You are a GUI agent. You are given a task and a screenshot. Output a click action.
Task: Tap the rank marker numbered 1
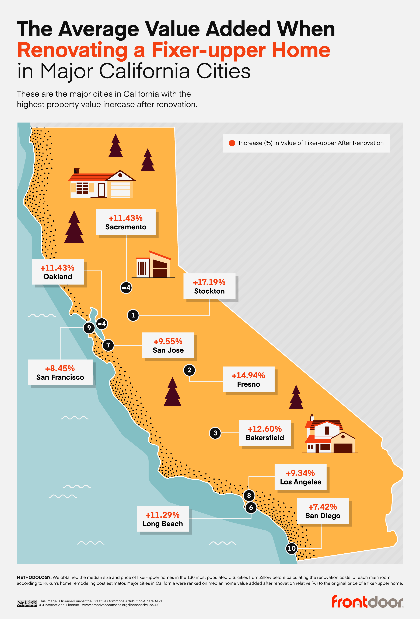coord(133,315)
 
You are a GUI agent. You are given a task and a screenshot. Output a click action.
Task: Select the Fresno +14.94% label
coord(248,379)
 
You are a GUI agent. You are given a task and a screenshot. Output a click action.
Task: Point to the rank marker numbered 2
coord(189,370)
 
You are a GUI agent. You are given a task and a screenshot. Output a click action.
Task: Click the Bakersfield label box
coord(265,433)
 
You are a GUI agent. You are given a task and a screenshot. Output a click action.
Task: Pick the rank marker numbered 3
coord(215,433)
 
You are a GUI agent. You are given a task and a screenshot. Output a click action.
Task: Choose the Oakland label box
coord(58,272)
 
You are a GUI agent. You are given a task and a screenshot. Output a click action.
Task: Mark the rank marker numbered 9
coord(89,328)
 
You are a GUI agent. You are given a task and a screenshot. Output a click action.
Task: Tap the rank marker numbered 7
coord(108,345)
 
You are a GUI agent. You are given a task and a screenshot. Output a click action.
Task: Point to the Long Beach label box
coord(163,519)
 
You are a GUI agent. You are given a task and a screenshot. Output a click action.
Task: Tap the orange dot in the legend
coord(232,143)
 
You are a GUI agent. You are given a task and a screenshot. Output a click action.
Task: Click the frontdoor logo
coord(367,602)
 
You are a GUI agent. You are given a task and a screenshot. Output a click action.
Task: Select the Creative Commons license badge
coord(27,603)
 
